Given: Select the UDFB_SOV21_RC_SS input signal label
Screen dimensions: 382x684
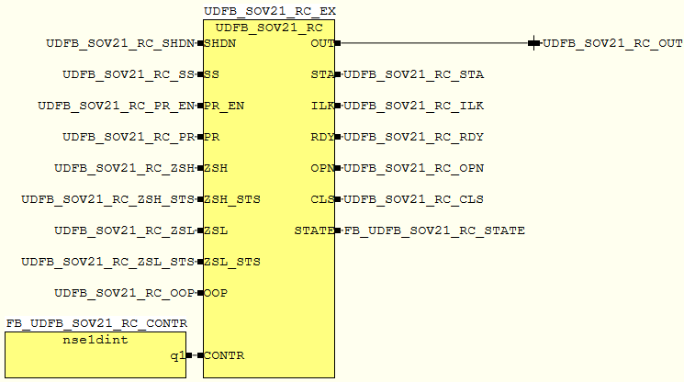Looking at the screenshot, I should point(129,74).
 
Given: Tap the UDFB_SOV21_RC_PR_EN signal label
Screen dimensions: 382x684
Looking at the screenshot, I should point(116,106).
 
